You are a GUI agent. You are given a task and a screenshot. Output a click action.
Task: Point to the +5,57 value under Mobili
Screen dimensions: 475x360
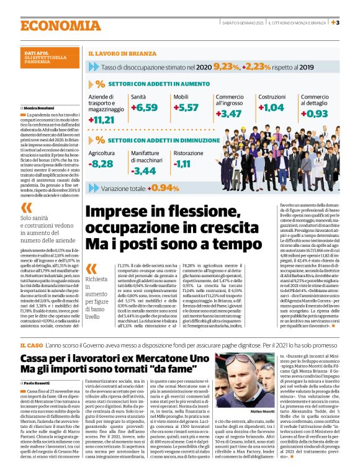point(186,107)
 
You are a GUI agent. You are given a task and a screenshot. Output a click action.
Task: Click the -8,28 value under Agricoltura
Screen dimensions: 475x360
point(101,164)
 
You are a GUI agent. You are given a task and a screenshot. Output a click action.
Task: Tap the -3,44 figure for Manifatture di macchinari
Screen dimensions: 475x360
point(145,170)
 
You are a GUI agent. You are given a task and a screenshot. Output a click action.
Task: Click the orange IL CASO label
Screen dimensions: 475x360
point(30,344)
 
